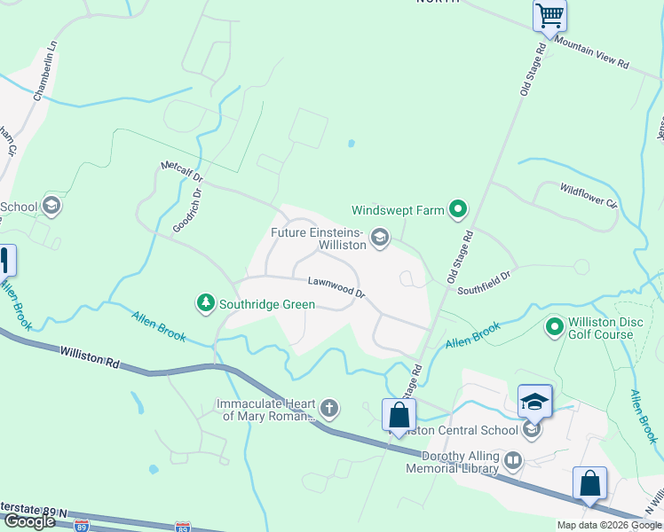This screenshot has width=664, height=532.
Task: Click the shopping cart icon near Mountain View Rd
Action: click(549, 15)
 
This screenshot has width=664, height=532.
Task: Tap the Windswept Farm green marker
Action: click(458, 210)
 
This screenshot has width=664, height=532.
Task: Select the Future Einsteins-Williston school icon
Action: click(380, 236)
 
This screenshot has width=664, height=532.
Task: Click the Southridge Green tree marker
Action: click(206, 304)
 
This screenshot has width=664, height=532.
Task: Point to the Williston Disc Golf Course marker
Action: click(555, 327)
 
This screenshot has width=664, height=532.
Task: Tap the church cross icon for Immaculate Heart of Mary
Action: click(329, 409)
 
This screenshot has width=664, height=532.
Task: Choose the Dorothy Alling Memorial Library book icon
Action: click(512, 459)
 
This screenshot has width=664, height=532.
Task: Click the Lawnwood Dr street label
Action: click(336, 287)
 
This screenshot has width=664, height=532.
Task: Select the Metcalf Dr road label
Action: click(182, 172)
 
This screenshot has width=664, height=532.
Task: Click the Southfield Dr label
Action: click(484, 283)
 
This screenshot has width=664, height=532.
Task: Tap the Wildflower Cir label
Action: click(588, 195)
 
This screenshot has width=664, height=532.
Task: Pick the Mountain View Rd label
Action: click(592, 53)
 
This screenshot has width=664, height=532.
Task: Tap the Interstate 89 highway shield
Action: click(182, 526)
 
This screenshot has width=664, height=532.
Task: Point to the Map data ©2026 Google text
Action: click(609, 525)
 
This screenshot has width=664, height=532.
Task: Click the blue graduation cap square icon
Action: click(535, 400)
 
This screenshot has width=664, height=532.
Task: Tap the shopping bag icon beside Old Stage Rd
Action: click(399, 414)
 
